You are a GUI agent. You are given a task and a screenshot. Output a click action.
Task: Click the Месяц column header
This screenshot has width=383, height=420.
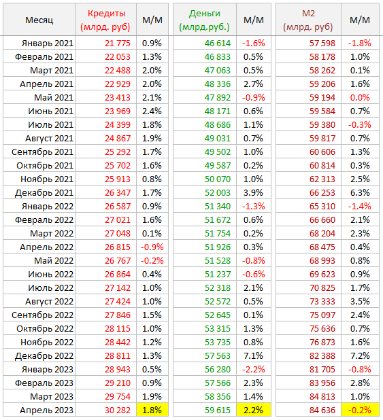coord(39,20)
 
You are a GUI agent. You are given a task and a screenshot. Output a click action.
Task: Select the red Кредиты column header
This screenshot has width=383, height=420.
coord(105,20)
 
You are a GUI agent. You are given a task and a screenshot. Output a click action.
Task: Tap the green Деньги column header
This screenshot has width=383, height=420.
coord(204,20)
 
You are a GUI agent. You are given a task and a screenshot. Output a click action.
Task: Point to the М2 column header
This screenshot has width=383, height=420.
coord(308,20)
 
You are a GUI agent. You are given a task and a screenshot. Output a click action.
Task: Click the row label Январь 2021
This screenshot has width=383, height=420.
coord(48,43)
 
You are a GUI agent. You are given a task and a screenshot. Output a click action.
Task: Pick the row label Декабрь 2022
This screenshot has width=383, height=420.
coord(44,356)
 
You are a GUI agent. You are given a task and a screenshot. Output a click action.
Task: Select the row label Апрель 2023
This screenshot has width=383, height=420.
coord(46,410)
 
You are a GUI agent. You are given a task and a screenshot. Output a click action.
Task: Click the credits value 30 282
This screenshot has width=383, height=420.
coord(118,410)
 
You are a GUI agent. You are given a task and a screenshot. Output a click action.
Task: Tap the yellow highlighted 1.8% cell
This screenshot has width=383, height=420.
coord(152,410)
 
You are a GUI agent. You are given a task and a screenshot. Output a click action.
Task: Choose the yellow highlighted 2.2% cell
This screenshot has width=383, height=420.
coord(254,410)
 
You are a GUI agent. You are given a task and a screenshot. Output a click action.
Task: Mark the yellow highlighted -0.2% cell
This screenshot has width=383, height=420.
coord(360,410)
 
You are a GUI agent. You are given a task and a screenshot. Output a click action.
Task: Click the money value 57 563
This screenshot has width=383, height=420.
coord(218,356)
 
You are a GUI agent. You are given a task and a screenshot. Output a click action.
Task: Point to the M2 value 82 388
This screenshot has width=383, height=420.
coord(322,356)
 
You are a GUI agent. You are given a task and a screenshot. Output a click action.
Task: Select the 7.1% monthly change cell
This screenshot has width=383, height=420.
coord(253,356)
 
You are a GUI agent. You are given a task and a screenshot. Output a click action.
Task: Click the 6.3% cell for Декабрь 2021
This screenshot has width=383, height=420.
coord(360,193)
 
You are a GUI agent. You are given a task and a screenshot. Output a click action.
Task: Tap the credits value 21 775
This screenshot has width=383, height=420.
coord(118,43)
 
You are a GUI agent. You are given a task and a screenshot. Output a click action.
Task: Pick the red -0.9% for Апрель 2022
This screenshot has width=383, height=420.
coord(152,247)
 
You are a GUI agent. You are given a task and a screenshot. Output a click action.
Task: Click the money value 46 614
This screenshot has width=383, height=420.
coord(218,43)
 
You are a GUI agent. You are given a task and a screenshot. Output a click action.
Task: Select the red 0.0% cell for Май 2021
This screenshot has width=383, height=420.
coord(360,98)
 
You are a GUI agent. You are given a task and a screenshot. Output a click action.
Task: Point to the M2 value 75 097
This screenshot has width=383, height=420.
coord(322,315)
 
